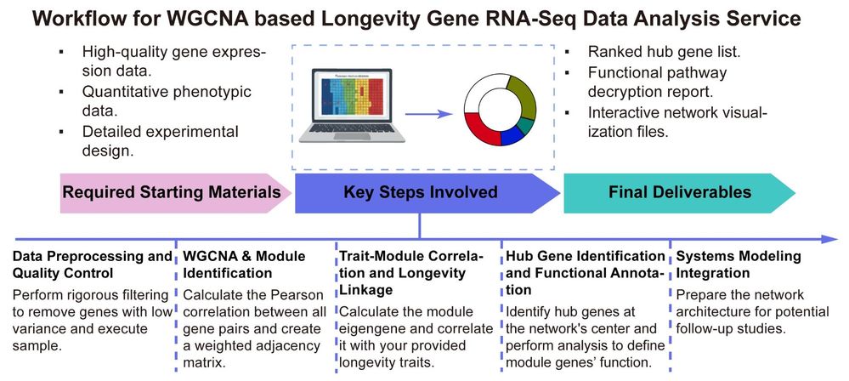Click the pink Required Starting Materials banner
tap(170, 192)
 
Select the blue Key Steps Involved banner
tap(421, 192)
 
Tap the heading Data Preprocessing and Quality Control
tap(92, 264)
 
